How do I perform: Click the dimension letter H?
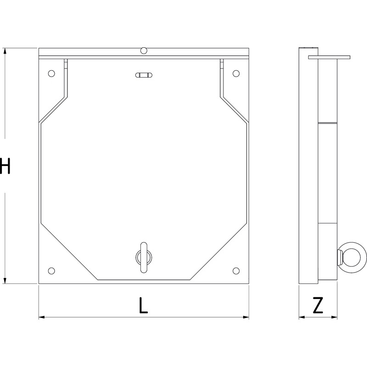tap(5, 166)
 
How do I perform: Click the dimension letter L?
tap(144, 306)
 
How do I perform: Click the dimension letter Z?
tap(318, 306)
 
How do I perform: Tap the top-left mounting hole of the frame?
tap(51, 73)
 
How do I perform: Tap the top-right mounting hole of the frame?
tap(236, 73)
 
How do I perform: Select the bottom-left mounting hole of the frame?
tap(51, 270)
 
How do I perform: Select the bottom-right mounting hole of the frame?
tap(236, 270)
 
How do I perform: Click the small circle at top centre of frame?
tap(144, 50)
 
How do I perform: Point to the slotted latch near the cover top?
tap(144, 75)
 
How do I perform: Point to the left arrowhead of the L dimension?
tap(41, 317)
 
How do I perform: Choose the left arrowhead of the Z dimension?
tap(301, 317)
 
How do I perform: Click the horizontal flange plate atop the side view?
tap(329, 57)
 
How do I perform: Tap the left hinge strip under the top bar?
tap(66, 64)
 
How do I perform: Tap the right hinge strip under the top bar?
tap(222, 64)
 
